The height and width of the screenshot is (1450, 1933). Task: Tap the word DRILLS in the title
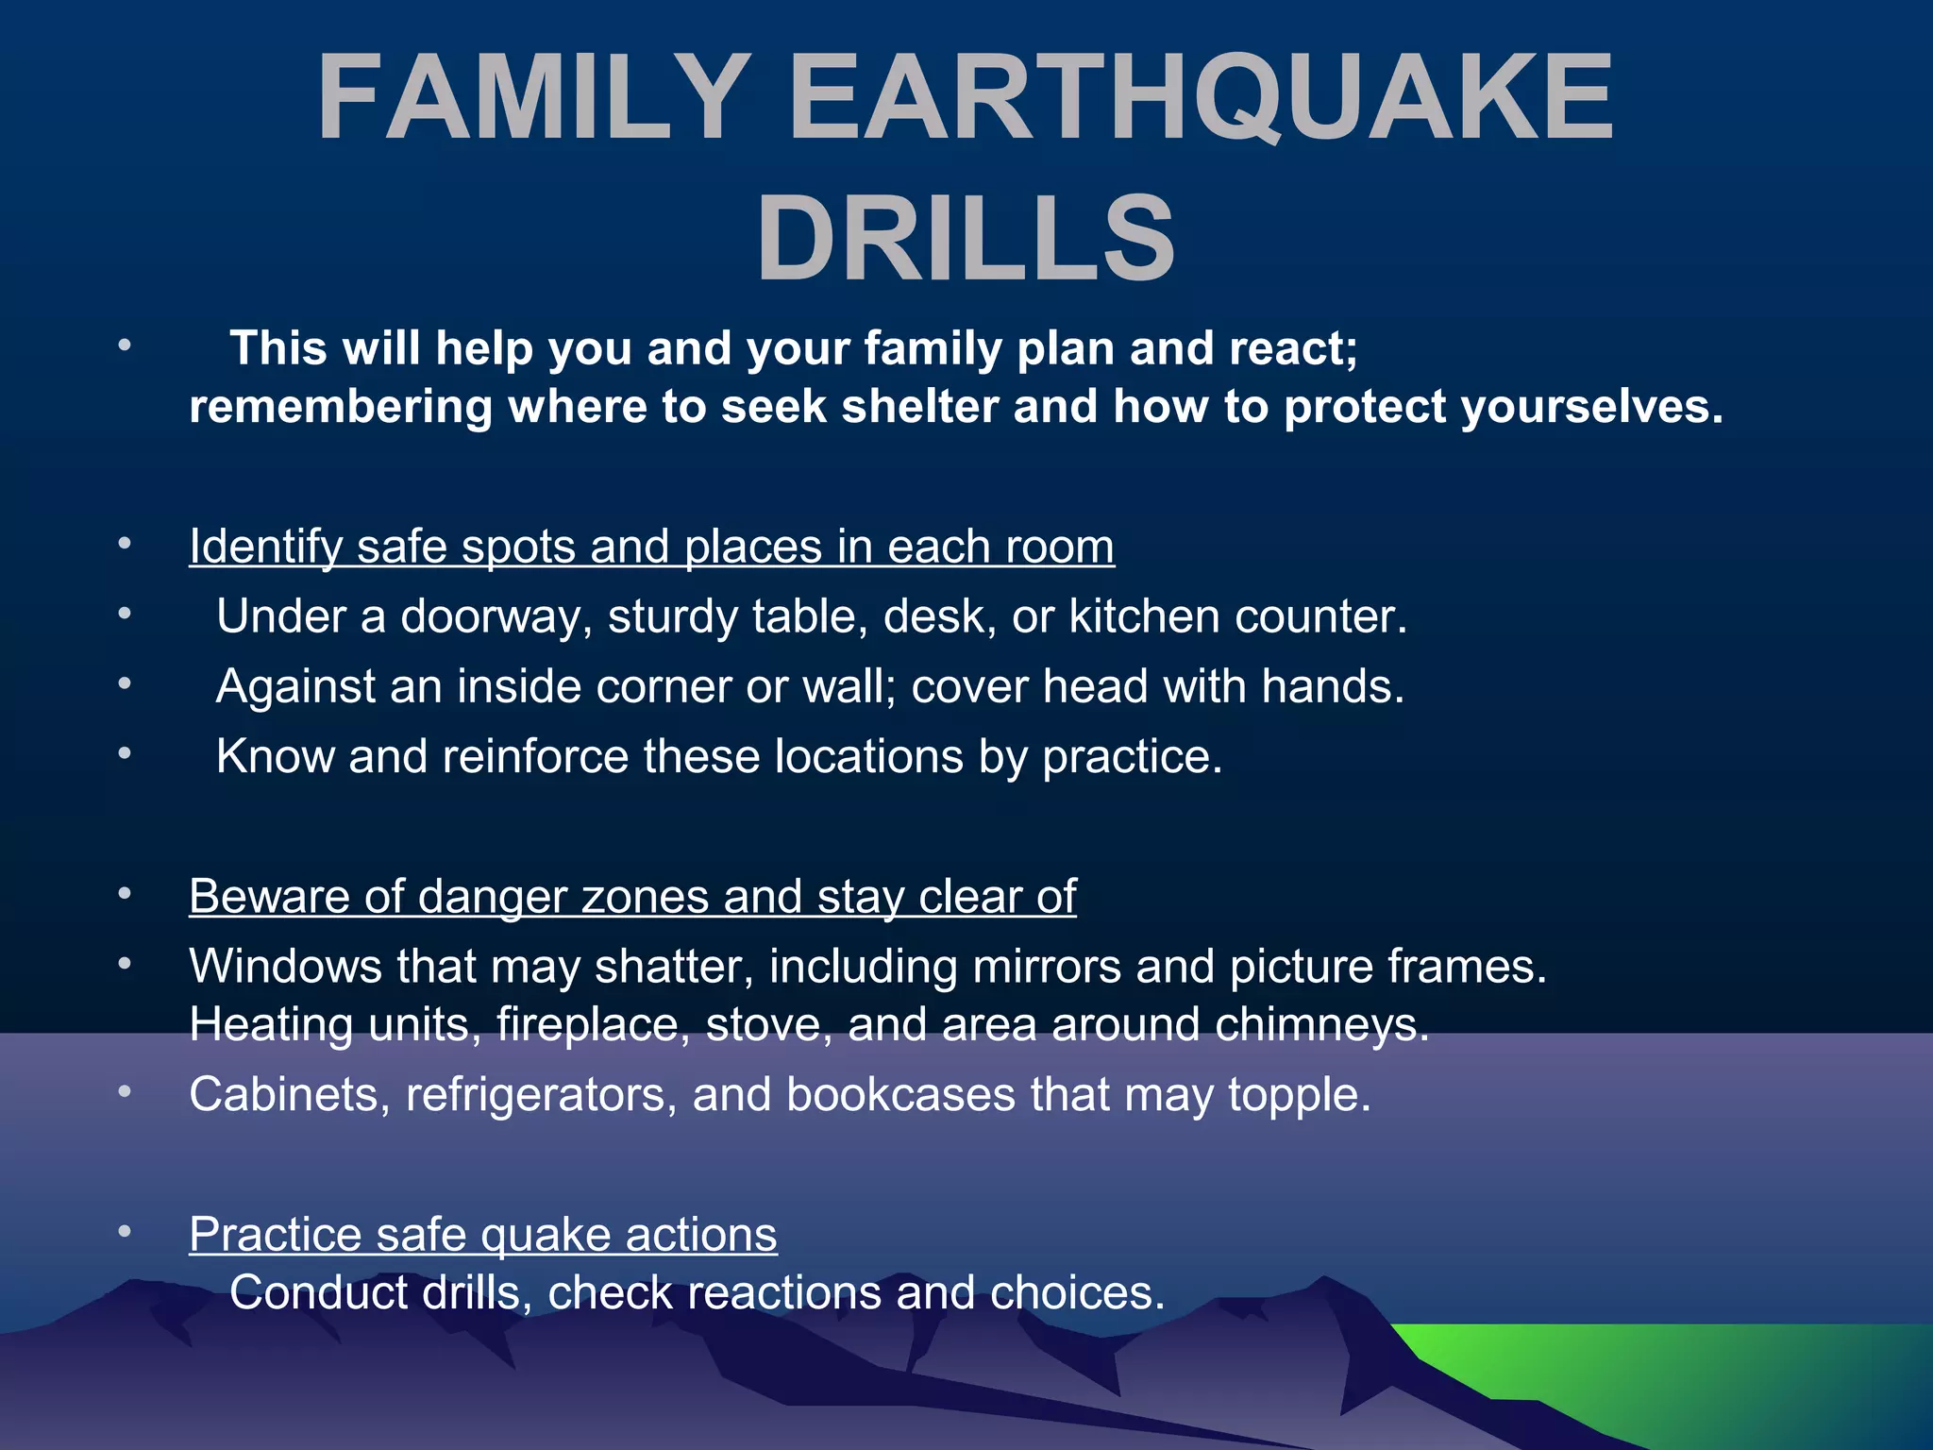tap(966, 238)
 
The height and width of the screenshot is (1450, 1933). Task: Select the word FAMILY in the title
tap(533, 98)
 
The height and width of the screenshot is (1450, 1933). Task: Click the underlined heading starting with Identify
tap(651, 547)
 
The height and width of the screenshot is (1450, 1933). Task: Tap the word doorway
tap(496, 617)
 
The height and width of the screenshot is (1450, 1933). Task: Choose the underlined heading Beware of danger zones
tap(632, 896)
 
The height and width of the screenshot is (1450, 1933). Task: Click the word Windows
tap(285, 966)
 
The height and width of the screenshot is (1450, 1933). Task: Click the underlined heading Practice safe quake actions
tap(483, 1235)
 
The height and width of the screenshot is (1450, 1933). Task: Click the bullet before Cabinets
tap(125, 1091)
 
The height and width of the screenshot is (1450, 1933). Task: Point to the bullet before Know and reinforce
tap(125, 753)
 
